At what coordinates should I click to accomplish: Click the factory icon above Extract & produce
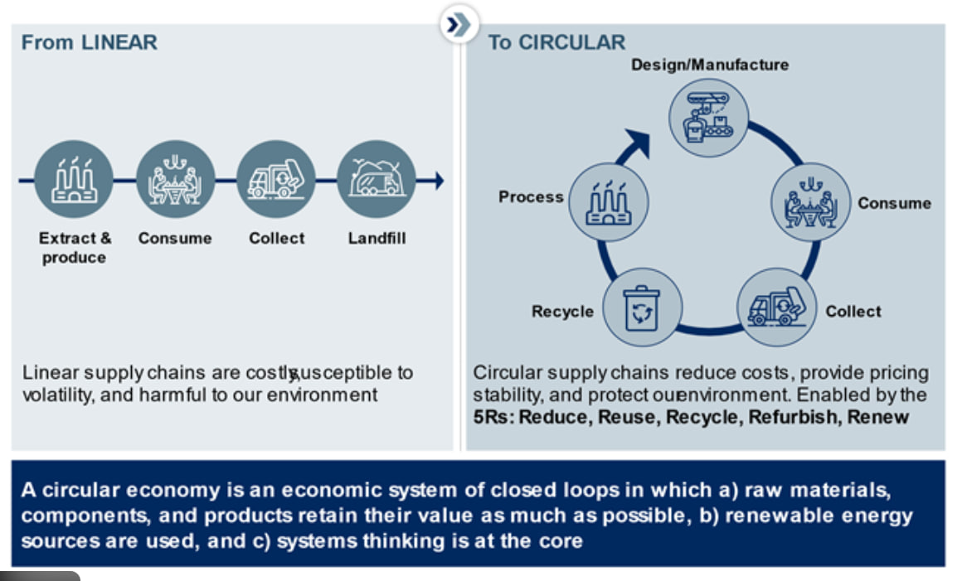coord(74,180)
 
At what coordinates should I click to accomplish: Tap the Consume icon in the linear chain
coord(175,180)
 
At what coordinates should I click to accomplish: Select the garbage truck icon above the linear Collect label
coord(275,180)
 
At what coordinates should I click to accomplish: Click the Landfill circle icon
coord(377,180)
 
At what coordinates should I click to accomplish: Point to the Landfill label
coord(377,239)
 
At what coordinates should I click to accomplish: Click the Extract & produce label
coord(75,248)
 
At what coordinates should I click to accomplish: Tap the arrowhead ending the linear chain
coord(438,180)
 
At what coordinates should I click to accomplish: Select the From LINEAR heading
coord(89,43)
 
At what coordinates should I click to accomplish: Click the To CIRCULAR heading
coord(556,43)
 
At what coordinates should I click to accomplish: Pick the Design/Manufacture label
coord(710,65)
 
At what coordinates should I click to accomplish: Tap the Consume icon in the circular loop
coord(811,202)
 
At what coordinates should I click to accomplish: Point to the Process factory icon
coord(608,202)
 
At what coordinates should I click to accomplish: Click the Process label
coord(531,197)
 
